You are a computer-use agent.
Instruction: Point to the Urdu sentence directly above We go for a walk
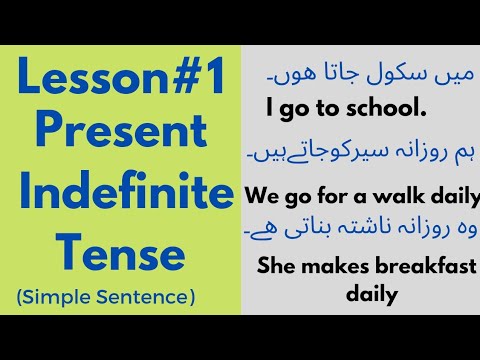tap(360, 154)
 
